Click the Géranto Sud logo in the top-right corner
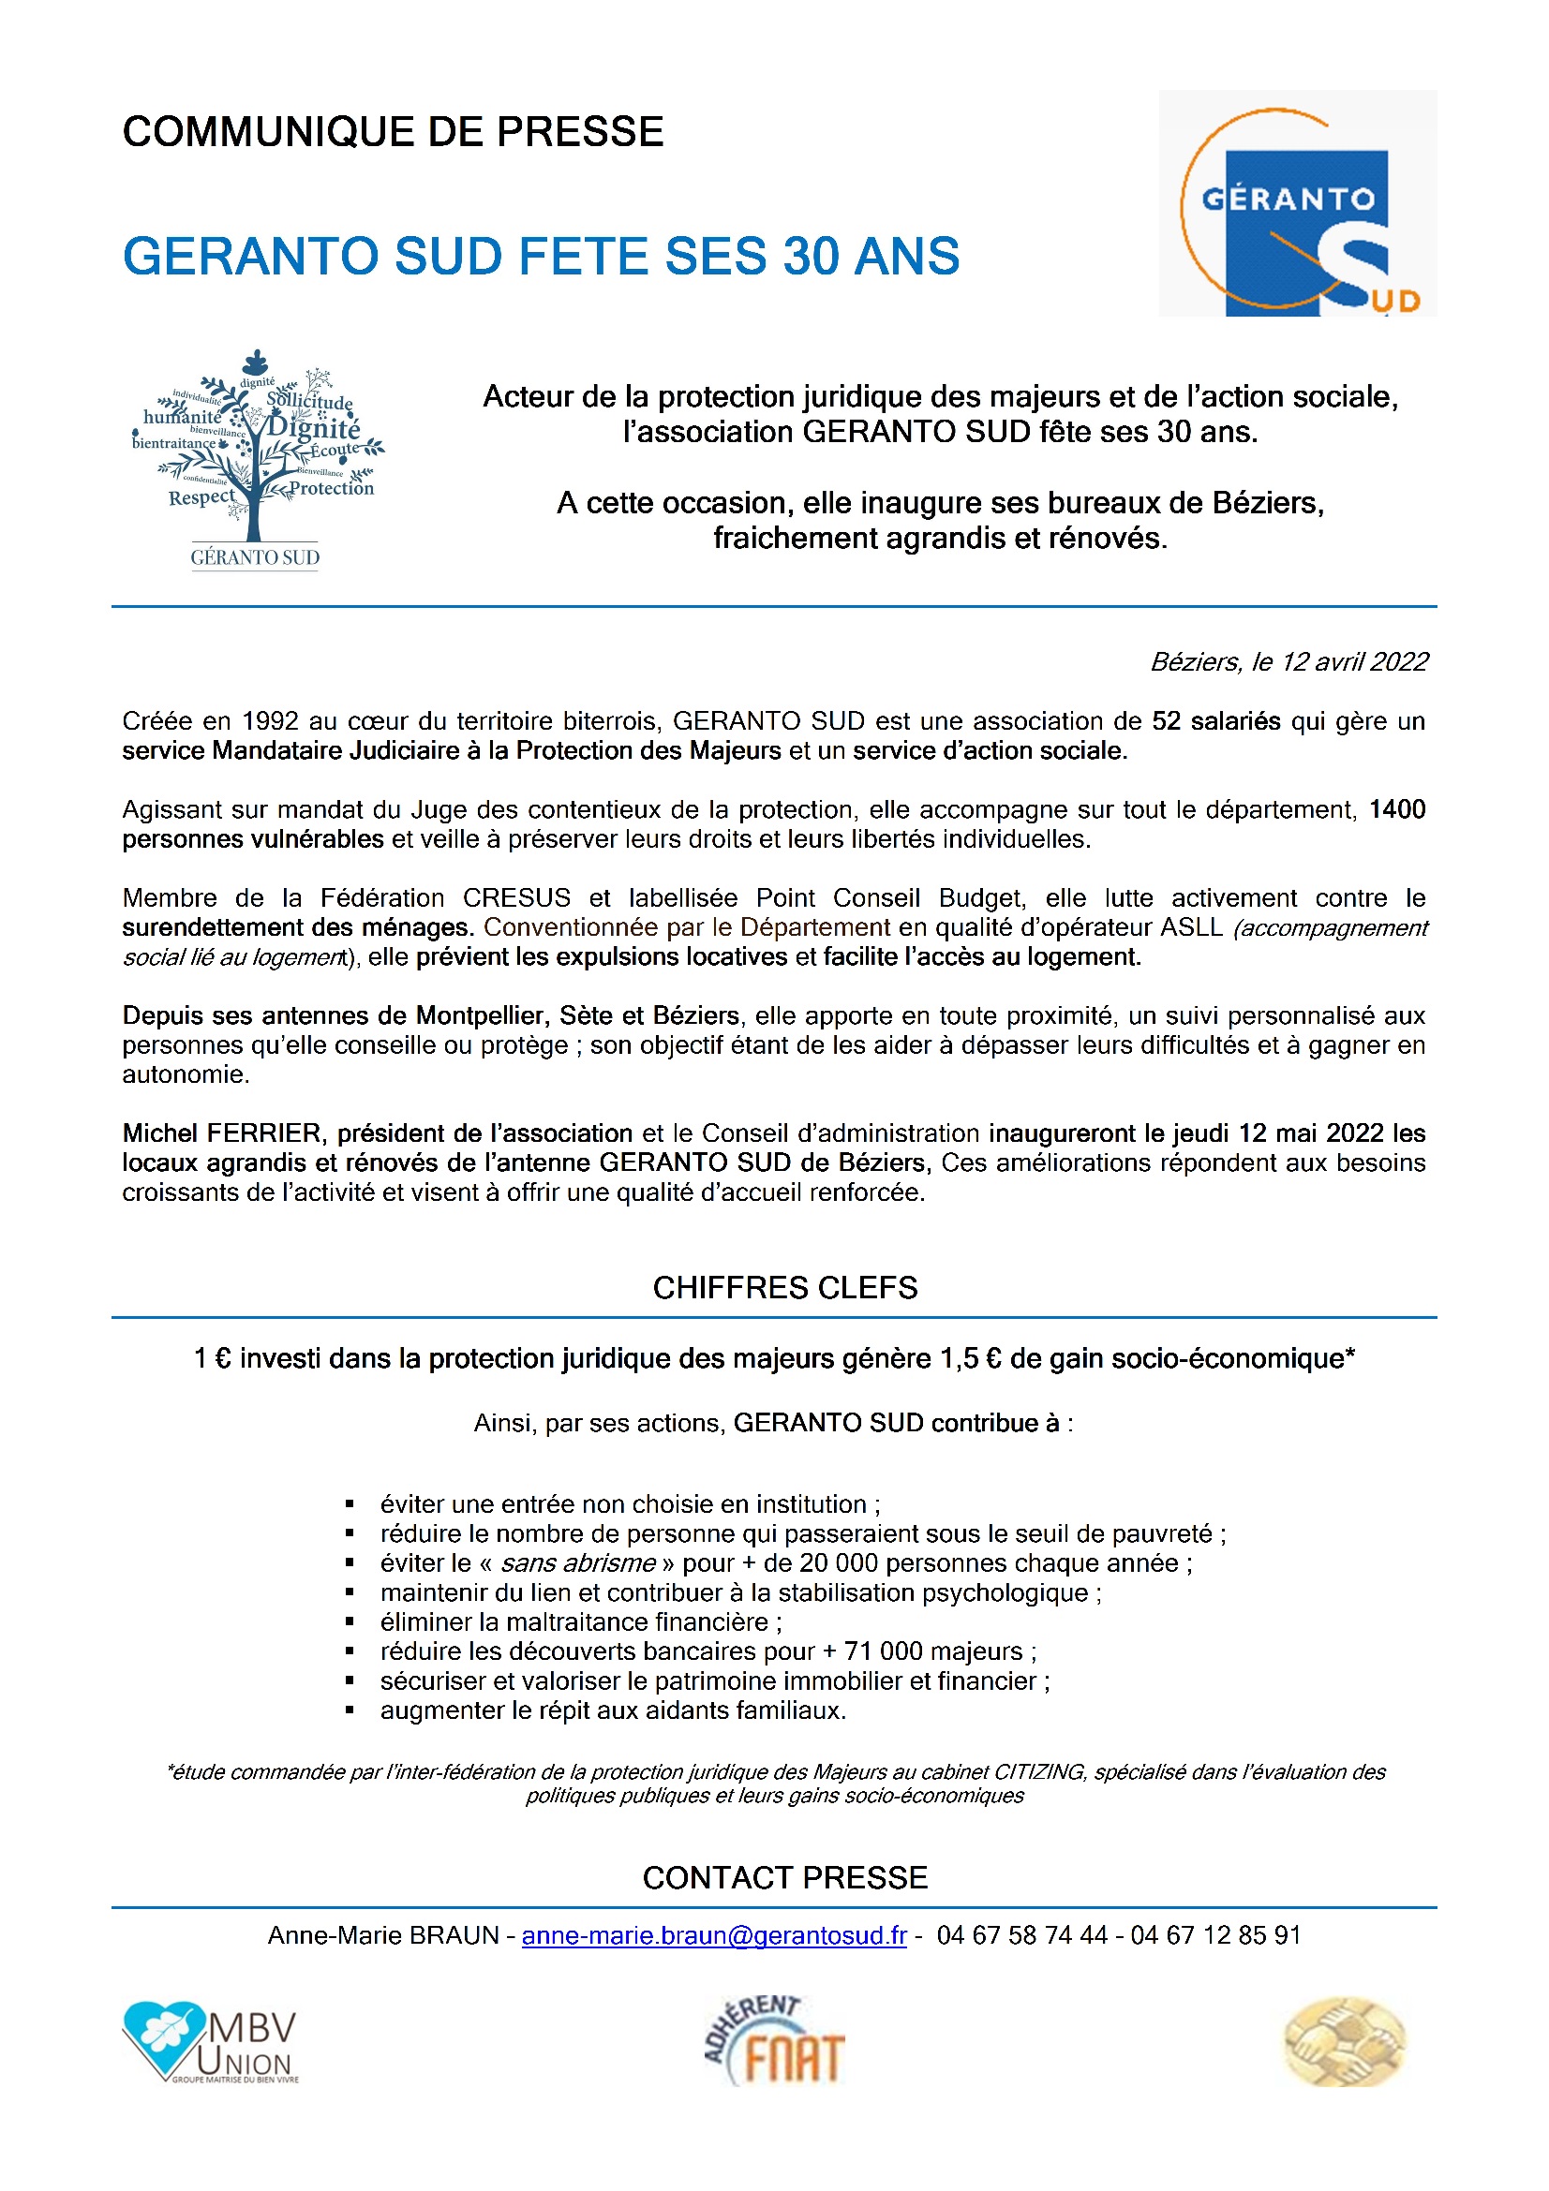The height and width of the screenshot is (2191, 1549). click(x=1296, y=203)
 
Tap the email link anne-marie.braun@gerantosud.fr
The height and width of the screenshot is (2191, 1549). click(x=713, y=1934)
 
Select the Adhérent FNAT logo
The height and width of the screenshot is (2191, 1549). click(x=774, y=2041)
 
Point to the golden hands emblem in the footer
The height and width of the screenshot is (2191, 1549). click(x=1344, y=2042)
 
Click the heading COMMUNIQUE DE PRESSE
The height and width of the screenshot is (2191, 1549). click(x=393, y=132)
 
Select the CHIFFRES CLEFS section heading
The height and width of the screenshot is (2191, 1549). click(x=784, y=1287)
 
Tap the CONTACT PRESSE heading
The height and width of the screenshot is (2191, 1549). click(x=784, y=1877)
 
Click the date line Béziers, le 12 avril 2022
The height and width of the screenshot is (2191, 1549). click(x=1288, y=661)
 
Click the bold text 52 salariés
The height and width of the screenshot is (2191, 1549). click(x=1215, y=720)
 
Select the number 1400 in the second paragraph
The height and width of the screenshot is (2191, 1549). click(x=1396, y=809)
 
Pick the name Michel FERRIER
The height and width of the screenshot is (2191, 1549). click(x=223, y=1133)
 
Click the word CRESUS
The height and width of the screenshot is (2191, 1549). click(x=516, y=898)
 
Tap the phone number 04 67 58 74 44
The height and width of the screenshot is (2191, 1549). click(x=1021, y=1934)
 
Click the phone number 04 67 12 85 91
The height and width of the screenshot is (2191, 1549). click(x=1215, y=1934)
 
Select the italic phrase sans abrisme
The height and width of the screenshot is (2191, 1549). click(x=577, y=1563)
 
